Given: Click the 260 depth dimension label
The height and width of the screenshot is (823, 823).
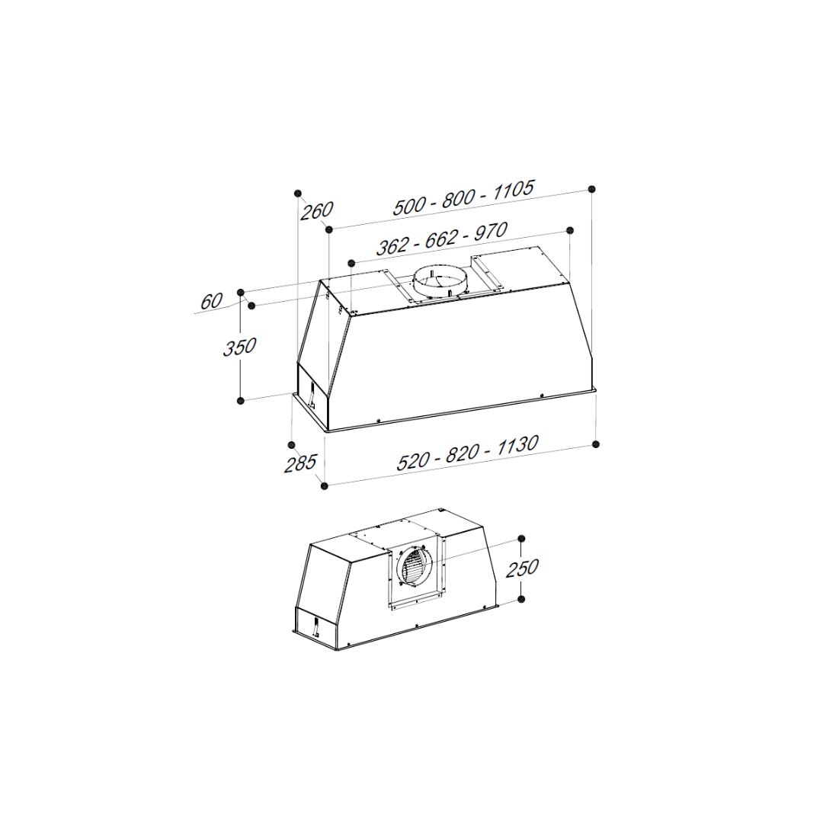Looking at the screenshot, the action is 317,210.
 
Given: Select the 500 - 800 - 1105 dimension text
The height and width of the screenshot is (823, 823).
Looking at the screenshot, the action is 463,198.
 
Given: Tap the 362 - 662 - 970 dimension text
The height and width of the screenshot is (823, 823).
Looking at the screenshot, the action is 442,239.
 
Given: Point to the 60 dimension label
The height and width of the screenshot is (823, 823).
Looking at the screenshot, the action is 212,301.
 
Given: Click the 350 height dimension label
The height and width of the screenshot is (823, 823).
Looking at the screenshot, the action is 240,347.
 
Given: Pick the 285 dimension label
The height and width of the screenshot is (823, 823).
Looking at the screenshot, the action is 300,463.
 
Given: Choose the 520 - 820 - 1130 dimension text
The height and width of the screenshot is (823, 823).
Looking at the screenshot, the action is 467,453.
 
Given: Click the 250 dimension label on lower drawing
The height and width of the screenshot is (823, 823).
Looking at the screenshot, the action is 522,568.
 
